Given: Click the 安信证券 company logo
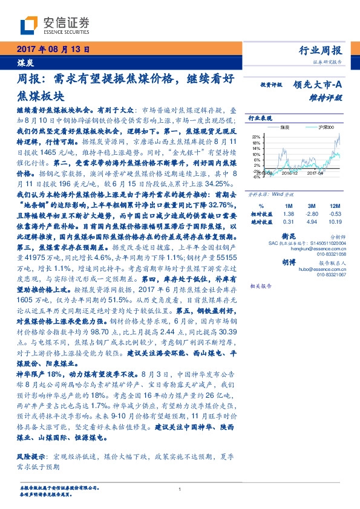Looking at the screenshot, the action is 54,24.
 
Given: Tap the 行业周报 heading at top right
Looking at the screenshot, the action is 320,51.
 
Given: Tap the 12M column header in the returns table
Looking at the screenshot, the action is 333,206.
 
